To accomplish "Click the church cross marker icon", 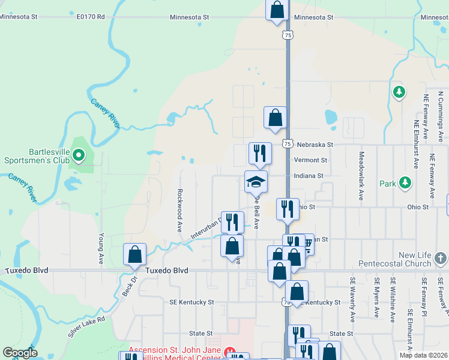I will click(441, 259).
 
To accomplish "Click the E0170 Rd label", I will click(91, 17).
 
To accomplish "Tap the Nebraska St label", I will click(314, 145).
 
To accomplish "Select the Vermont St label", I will click(310, 160).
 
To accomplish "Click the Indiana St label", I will click(309, 176).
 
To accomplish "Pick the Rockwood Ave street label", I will click(179, 211).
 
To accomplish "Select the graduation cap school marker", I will click(256, 182).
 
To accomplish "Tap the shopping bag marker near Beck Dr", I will click(134, 254).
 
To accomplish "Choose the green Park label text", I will click(388, 184).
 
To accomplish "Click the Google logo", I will click(20, 353).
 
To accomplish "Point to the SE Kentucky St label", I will click(192, 302).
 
